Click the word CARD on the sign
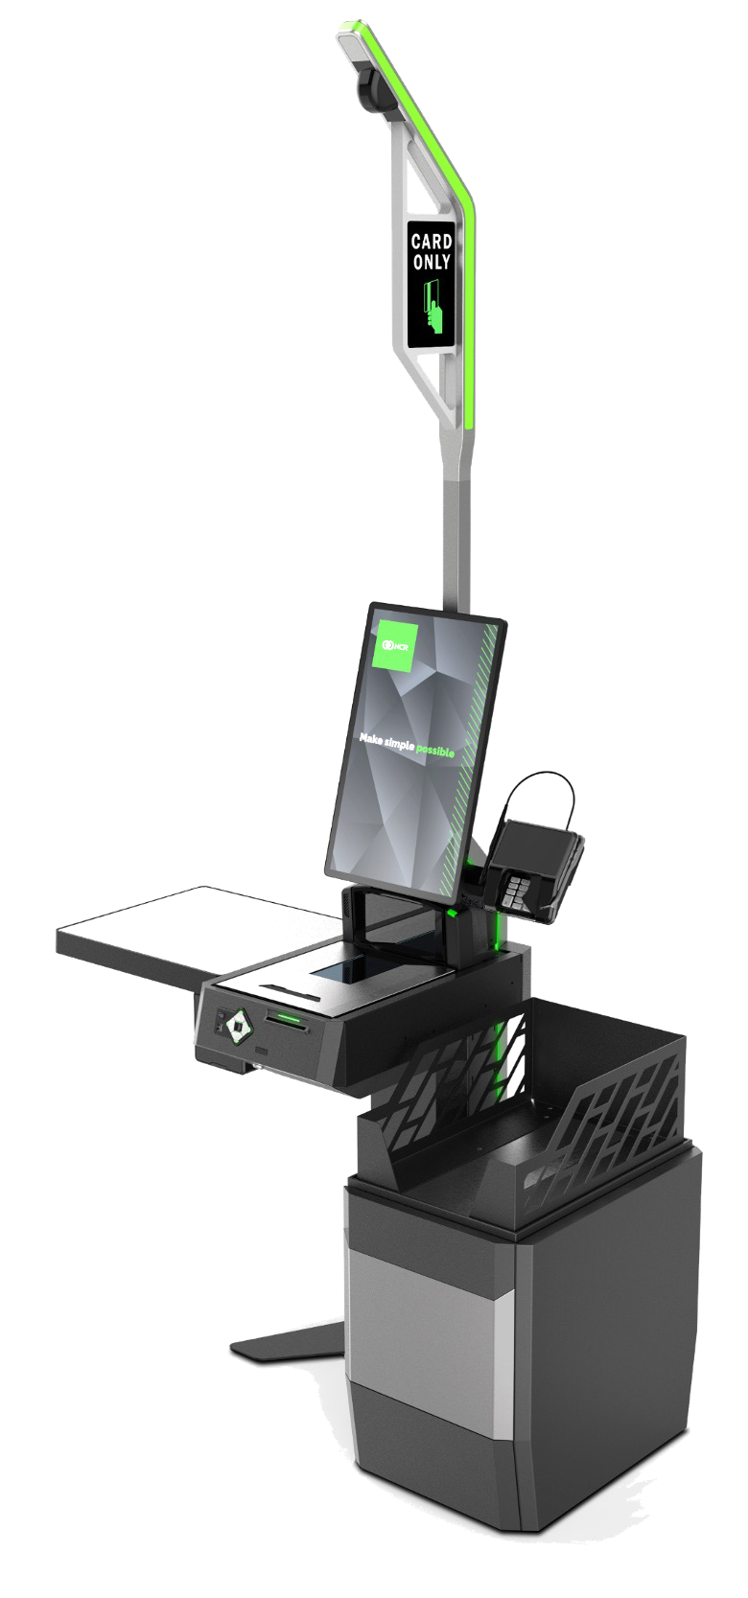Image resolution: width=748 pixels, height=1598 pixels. [x=432, y=242]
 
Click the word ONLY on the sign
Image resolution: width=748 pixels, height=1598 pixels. [x=432, y=262]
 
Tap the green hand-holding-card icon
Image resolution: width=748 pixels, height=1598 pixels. [x=434, y=305]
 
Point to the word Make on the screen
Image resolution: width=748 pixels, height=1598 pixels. [x=371, y=738]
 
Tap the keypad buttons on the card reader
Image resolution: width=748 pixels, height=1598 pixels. [x=516, y=892]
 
